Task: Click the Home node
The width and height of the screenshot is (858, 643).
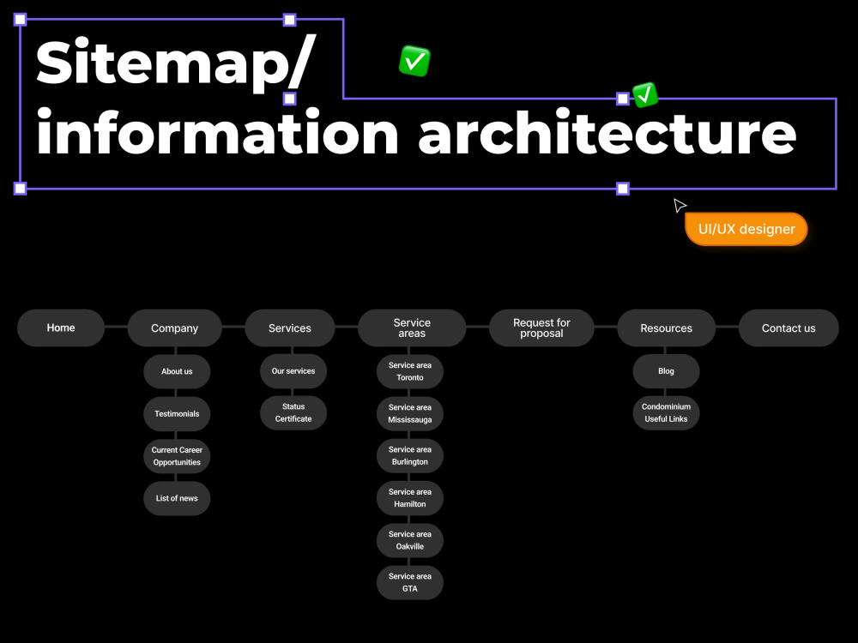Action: [x=61, y=328]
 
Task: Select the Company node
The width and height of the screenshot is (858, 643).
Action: [x=174, y=328]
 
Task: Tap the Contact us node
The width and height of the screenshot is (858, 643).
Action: [x=789, y=328]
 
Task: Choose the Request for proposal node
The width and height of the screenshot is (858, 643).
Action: [x=541, y=328]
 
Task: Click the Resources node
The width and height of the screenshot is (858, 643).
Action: [x=666, y=328]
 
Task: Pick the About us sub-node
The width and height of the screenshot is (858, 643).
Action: [x=177, y=371]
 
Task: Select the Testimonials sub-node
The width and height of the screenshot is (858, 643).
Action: [x=177, y=414]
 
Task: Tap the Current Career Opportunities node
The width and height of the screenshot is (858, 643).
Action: [x=177, y=456]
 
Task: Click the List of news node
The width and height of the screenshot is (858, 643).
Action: [x=177, y=498]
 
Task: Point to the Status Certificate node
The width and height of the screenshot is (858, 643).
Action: [x=293, y=413]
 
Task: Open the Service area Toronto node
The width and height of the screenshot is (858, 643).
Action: [x=410, y=371]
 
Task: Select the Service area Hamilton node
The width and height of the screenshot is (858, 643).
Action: [x=410, y=498]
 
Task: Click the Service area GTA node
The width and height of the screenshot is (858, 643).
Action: [x=410, y=582]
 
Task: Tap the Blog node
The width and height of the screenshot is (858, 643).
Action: [x=666, y=371]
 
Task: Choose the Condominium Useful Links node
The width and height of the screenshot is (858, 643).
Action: [x=666, y=413]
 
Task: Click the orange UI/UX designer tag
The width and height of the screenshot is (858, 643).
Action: [x=746, y=229]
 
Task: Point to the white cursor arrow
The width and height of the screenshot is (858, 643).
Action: [x=679, y=205]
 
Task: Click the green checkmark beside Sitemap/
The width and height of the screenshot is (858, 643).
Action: [x=414, y=61]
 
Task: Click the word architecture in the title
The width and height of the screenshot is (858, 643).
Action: [x=607, y=133]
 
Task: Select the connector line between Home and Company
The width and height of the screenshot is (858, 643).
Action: [x=116, y=327]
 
